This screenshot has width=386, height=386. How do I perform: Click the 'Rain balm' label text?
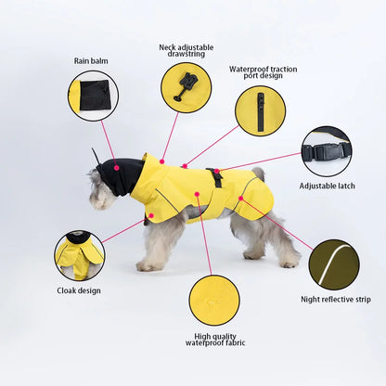pyautogui.click(x=92, y=61)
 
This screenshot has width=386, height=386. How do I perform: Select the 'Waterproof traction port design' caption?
pyautogui.click(x=261, y=74)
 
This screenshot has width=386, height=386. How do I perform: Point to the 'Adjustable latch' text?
pyautogui.click(x=327, y=186)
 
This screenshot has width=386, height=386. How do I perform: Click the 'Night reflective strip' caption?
pyautogui.click(x=335, y=299)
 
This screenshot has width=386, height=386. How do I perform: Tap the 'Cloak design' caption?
pyautogui.click(x=79, y=289)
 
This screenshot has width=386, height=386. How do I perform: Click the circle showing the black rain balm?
pyautogui.click(x=93, y=96)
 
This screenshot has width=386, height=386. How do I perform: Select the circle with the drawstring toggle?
pyautogui.click(x=186, y=87)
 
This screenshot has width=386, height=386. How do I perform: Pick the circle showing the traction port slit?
pyautogui.click(x=260, y=111)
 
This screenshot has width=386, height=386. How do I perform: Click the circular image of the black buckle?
pyautogui.click(x=327, y=150)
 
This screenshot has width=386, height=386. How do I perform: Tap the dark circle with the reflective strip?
pyautogui.click(x=334, y=264)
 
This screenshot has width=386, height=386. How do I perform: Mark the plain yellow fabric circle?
pyautogui.click(x=214, y=299)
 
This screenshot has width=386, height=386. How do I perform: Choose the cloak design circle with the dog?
pyautogui.click(x=79, y=255)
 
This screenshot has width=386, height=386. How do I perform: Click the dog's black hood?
pyautogui.click(x=120, y=174)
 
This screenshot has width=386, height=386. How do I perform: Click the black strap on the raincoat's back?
pyautogui.click(x=217, y=178)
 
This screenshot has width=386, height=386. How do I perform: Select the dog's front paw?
pyautogui.click(x=146, y=266)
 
